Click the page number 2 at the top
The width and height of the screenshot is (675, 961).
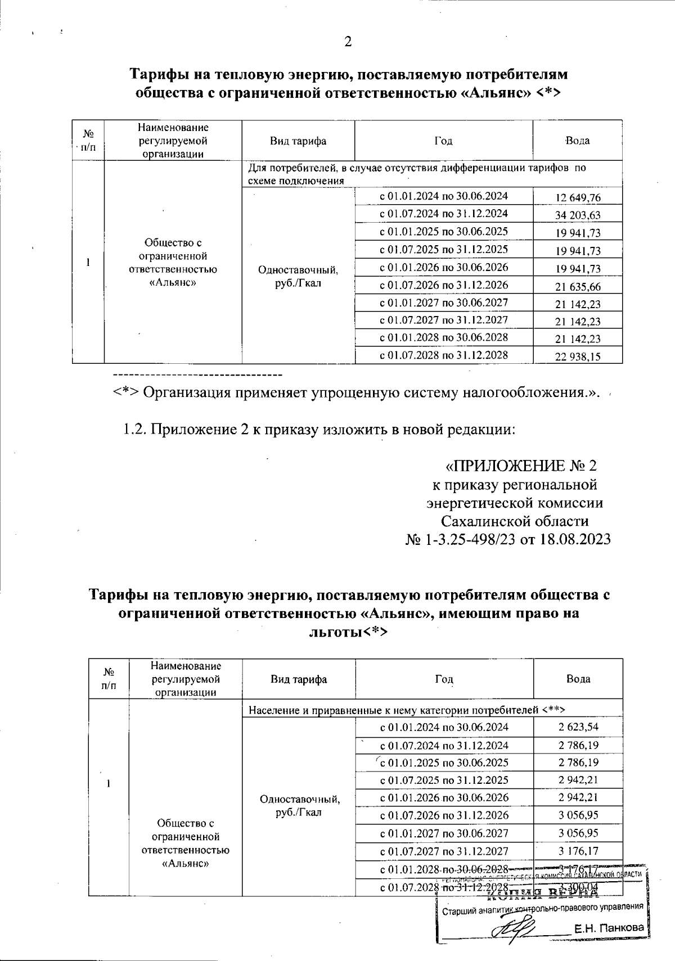click(x=348, y=42)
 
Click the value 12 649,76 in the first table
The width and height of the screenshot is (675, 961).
click(x=578, y=197)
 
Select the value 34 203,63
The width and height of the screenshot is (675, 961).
click(x=578, y=215)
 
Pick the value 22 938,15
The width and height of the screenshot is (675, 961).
click(x=578, y=356)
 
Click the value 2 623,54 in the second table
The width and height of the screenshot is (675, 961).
click(x=578, y=727)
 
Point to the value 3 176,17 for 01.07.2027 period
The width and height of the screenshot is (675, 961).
click(x=578, y=851)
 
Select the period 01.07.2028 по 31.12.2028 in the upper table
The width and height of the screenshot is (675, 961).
click(x=444, y=355)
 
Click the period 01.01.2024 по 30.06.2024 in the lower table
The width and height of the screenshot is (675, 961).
click(x=444, y=727)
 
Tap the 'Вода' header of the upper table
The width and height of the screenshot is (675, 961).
click(x=578, y=141)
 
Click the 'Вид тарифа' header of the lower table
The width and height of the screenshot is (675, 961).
click(x=299, y=679)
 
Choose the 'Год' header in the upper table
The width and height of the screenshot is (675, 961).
click(x=443, y=141)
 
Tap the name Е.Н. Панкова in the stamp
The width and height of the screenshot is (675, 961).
click(x=609, y=929)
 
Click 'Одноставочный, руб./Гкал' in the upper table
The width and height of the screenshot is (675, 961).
click(x=298, y=276)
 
